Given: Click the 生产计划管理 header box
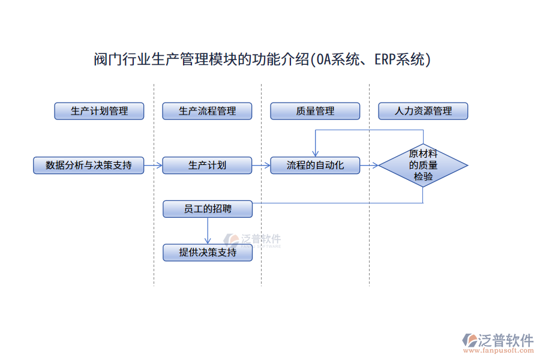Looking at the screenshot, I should pos(99,111).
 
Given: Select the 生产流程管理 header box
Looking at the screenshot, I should pos(207,111).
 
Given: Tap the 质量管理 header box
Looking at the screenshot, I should pos(315,111).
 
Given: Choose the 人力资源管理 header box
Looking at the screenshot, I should pos(423,111).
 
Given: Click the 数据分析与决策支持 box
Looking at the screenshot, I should pos(89,165).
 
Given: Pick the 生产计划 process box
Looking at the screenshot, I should pos(207,165).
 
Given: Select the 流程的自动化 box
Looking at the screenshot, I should pos(315,165).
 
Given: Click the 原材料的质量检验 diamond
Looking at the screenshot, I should pos(423,165).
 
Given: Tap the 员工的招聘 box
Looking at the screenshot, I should pos(208,209).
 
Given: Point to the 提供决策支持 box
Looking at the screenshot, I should pos(208,253).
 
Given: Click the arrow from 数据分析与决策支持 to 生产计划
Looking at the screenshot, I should pos(153,165).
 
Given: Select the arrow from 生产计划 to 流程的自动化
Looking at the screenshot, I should pos(261,165).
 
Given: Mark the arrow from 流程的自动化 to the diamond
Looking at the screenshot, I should pos(369,165).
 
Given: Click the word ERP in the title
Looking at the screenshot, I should pos(385,60).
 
